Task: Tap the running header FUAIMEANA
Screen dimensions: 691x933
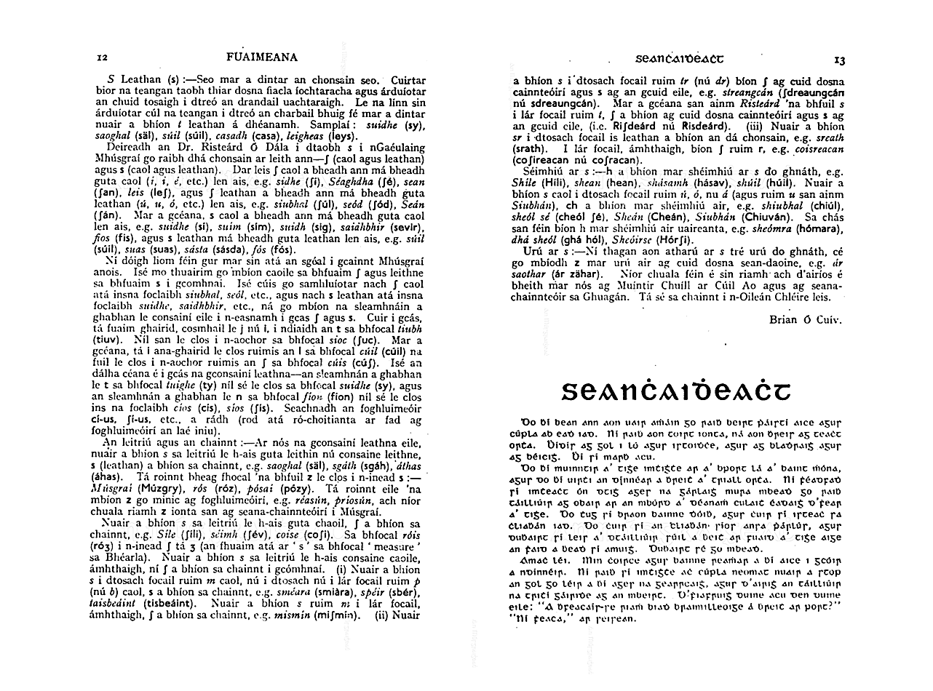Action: pos(258,57)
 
